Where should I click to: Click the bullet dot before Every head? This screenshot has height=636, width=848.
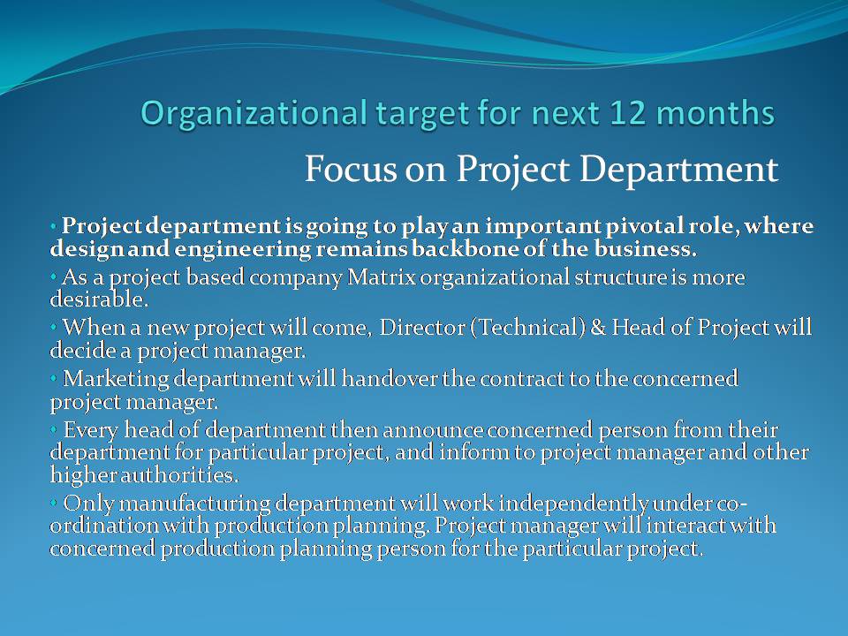54,428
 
